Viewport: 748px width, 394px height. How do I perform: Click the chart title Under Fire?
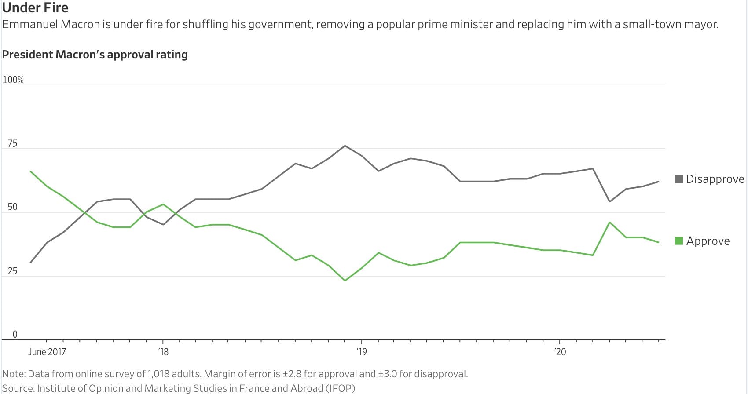click(35, 7)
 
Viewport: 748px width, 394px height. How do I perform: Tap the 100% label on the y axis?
click(13, 80)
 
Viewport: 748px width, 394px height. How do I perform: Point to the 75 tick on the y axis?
click(13, 144)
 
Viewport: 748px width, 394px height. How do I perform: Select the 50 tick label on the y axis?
click(13, 207)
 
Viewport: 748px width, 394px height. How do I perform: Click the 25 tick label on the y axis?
click(13, 271)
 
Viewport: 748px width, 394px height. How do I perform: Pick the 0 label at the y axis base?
click(15, 334)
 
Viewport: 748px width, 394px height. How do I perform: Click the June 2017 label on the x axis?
click(47, 352)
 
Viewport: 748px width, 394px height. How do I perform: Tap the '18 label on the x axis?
click(163, 352)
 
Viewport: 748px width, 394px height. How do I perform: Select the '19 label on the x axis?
click(362, 352)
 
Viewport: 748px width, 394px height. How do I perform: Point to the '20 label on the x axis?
click(560, 352)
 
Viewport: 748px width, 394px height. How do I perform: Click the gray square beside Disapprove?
click(679, 179)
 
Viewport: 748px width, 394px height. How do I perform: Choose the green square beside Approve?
click(679, 241)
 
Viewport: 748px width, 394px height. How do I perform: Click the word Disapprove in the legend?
click(715, 179)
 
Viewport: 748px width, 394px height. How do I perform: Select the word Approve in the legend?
click(708, 241)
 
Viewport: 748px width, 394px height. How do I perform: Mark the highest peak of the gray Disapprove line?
click(345, 146)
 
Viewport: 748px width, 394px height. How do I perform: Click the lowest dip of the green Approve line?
click(345, 281)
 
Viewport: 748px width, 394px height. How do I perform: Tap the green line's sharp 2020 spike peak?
click(609, 222)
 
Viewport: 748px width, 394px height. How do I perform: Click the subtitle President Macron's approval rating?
click(95, 55)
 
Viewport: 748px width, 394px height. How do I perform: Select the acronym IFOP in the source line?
click(340, 388)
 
